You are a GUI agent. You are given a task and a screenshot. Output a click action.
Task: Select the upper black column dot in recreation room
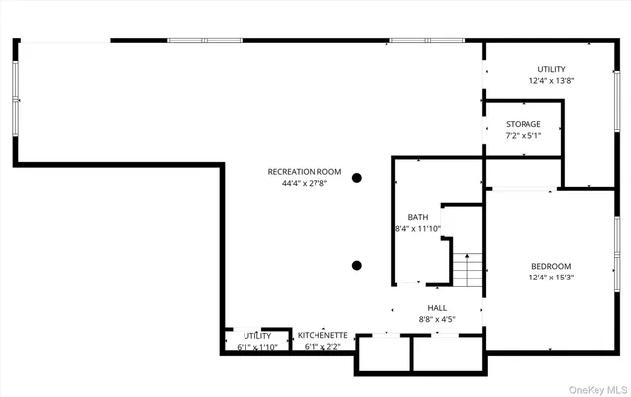[x=357, y=178]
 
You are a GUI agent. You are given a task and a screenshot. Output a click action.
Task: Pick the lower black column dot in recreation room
[x=357, y=265]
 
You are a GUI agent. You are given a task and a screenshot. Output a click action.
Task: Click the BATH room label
[x=417, y=217]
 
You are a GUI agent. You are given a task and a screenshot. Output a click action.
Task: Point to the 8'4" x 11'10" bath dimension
[x=417, y=228]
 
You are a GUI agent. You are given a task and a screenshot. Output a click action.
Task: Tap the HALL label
[x=437, y=308]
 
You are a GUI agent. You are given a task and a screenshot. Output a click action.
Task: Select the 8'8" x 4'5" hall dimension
[x=437, y=319]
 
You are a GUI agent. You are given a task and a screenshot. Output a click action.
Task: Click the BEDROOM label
[x=551, y=266]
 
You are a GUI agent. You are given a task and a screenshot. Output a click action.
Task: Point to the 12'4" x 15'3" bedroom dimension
[x=551, y=278]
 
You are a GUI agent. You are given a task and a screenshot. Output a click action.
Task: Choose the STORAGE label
[x=524, y=124]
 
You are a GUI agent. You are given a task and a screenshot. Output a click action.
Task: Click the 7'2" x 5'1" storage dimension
[x=524, y=135]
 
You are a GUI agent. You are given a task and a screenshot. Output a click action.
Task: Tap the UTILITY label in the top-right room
[x=551, y=69]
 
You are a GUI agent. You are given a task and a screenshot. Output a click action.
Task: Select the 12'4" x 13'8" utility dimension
[x=551, y=80]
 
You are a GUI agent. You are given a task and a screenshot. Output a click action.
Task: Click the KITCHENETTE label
[x=322, y=335]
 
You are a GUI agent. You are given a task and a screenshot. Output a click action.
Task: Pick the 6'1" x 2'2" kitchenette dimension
[x=322, y=347]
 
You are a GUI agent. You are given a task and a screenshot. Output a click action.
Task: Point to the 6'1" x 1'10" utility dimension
[x=258, y=347]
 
